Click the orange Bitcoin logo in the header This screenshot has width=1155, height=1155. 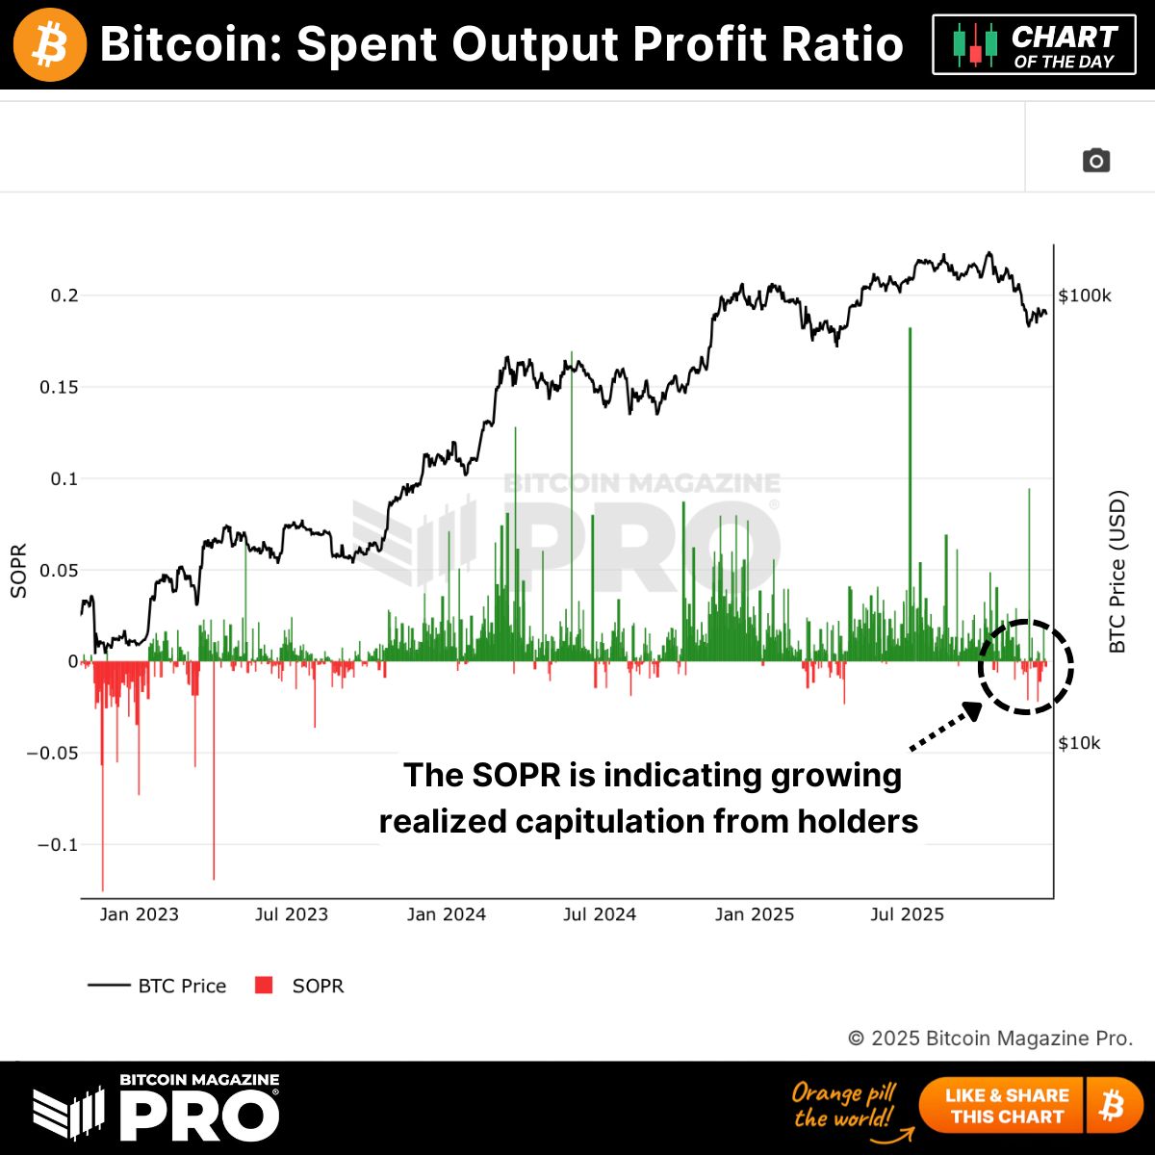[50, 44]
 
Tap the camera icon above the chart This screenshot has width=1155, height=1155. [1095, 161]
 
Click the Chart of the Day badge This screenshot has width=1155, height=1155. [1033, 45]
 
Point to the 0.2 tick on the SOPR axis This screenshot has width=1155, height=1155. [64, 295]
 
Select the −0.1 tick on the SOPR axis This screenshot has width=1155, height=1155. [58, 845]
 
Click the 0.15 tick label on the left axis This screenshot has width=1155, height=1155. [59, 387]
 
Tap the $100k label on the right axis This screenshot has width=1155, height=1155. [1085, 295]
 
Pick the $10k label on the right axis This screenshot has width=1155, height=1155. [1079, 743]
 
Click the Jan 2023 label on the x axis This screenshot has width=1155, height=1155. [139, 914]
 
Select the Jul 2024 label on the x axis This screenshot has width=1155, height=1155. [600, 914]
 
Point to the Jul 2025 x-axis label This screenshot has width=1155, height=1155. [907, 914]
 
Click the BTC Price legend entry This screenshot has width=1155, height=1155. [158, 986]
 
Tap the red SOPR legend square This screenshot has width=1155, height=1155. [264, 985]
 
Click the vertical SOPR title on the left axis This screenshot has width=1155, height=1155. [18, 572]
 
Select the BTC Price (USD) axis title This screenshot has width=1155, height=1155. [1117, 572]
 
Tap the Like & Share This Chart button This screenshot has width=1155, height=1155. [1007, 1106]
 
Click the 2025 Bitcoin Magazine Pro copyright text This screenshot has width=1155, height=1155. [990, 1039]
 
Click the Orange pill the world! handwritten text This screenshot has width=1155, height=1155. [844, 1105]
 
